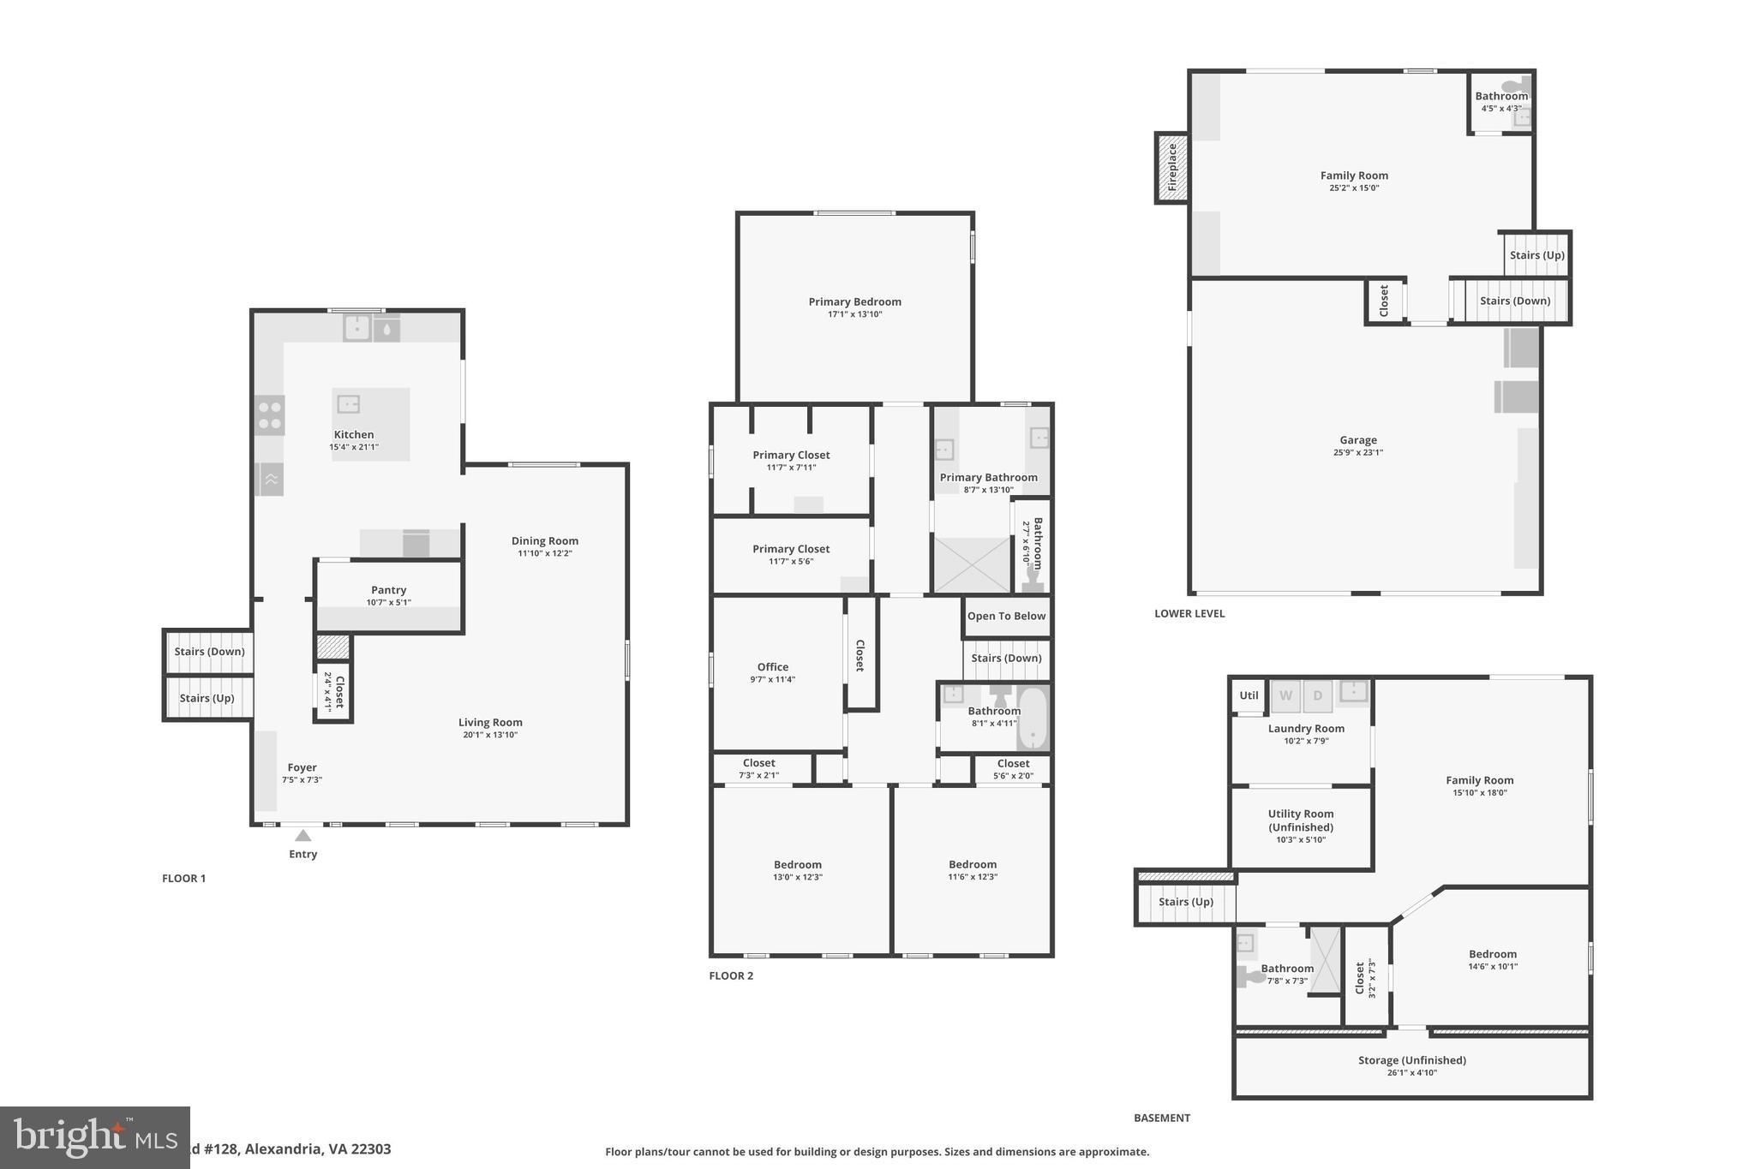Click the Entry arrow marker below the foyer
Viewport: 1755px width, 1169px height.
pyautogui.click(x=302, y=835)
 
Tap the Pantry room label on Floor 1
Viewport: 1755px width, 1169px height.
pyautogui.click(x=388, y=590)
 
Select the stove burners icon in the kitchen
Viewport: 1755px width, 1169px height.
pyautogui.click(x=270, y=415)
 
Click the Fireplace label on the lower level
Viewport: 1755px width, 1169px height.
pyautogui.click(x=1172, y=168)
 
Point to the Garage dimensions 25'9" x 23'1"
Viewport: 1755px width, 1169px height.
pyautogui.click(x=1357, y=453)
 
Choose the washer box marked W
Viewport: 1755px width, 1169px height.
pyautogui.click(x=1285, y=696)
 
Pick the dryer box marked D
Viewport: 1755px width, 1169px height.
pyautogui.click(x=1318, y=696)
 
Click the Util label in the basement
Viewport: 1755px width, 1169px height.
pyautogui.click(x=1249, y=695)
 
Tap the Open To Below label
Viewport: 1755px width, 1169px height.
pyautogui.click(x=1006, y=616)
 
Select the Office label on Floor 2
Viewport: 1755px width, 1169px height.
pyautogui.click(x=772, y=667)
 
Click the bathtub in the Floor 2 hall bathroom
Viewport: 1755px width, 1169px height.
pyautogui.click(x=1033, y=718)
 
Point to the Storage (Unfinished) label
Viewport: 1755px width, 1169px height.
pyautogui.click(x=1411, y=1060)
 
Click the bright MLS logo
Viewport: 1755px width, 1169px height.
pyautogui.click(x=94, y=1137)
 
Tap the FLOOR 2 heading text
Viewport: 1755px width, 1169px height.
pyautogui.click(x=731, y=975)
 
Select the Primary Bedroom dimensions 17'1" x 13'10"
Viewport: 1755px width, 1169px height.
pyautogui.click(x=854, y=314)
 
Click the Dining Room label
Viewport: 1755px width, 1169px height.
pyautogui.click(x=544, y=540)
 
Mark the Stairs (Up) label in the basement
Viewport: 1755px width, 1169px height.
pyautogui.click(x=1185, y=902)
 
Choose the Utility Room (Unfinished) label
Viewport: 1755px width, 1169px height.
pyautogui.click(x=1300, y=820)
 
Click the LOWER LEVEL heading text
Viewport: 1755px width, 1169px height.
pyautogui.click(x=1189, y=613)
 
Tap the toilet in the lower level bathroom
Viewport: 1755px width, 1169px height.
pyautogui.click(x=1515, y=86)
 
